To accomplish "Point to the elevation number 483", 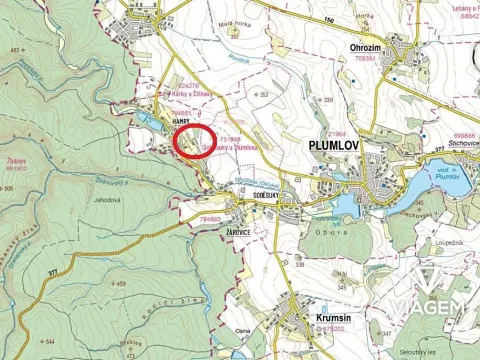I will (x=14, y=49).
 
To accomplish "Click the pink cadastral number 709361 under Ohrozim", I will (x=364, y=58).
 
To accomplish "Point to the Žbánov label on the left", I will (x=14, y=160).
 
